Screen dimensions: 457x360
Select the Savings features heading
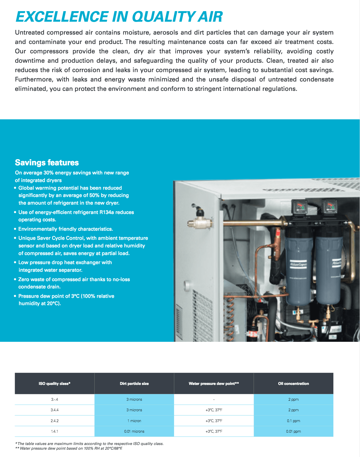pyautogui.click(x=47, y=163)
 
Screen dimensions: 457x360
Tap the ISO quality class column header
pyautogui.click(x=54, y=383)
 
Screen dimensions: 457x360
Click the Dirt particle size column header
pyautogui.click(x=134, y=383)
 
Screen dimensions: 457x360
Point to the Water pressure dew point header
pyautogui.click(x=214, y=383)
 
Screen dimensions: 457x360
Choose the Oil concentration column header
pyautogui.click(x=294, y=383)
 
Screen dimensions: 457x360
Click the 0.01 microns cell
pyautogui.click(x=134, y=431)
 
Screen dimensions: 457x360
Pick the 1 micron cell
pyautogui.click(x=134, y=421)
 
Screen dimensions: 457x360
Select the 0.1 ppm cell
pyautogui.click(x=294, y=421)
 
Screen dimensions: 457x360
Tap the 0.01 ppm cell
pyautogui.click(x=294, y=431)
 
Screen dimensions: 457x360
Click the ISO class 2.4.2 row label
pyautogui.click(x=54, y=421)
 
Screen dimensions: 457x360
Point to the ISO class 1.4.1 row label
pyautogui.click(x=54, y=431)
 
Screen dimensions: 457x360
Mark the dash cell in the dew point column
pyautogui.click(x=214, y=400)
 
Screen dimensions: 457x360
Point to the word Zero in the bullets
pyautogui.click(x=24, y=279)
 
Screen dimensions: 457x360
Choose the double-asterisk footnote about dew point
pyautogui.click(x=69, y=448)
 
